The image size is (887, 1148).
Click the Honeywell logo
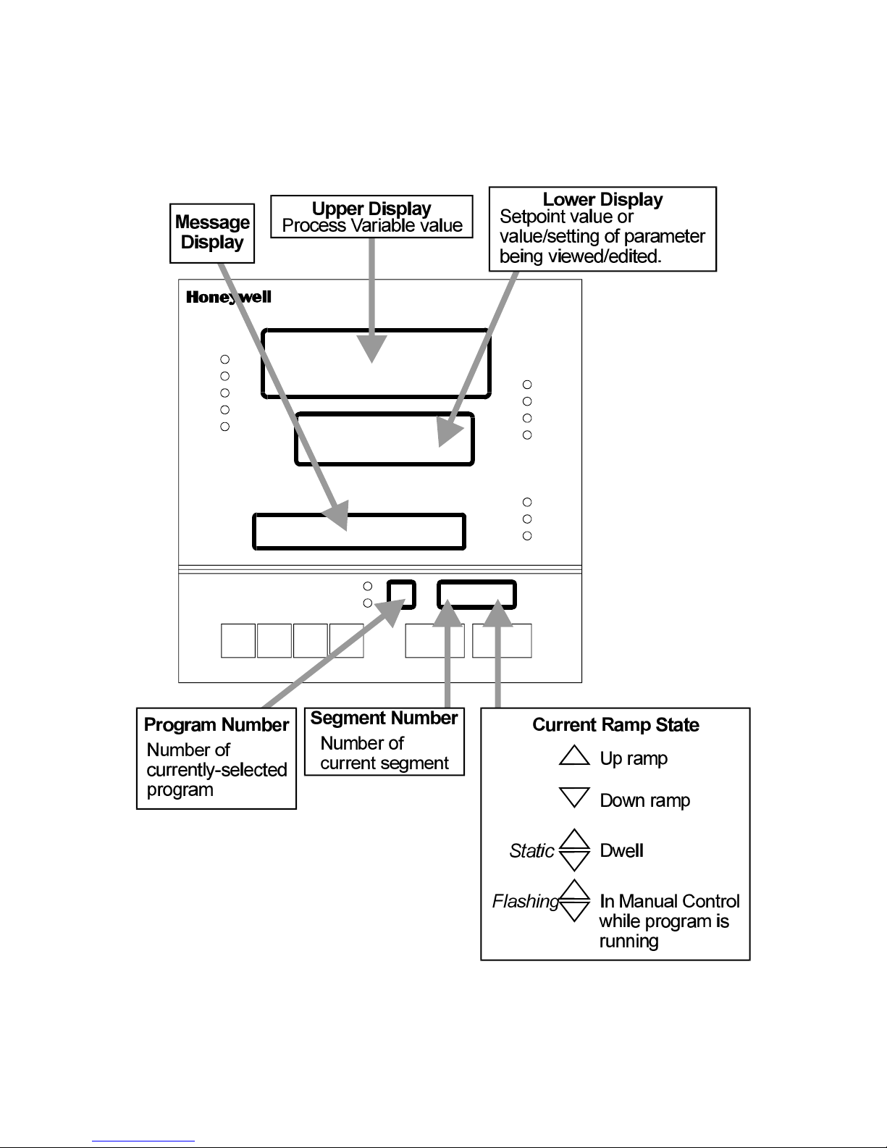(228, 297)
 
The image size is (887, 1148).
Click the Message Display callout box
(213, 233)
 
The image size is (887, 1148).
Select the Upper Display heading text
(371, 209)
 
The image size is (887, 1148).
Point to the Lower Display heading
(602, 199)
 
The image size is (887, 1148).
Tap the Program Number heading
(217, 725)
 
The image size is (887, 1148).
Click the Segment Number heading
(384, 718)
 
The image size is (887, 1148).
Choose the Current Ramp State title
(615, 725)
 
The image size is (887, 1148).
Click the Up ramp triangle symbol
(575, 756)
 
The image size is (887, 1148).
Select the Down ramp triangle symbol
(575, 798)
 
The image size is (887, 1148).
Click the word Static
(531, 850)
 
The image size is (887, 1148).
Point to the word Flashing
(525, 901)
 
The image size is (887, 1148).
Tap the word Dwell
(621, 850)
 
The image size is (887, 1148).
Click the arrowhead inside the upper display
(372, 351)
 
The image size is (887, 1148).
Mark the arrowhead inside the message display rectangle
(337, 516)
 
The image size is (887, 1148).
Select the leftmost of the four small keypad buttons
(237, 640)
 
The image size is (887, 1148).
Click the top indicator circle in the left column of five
(225, 359)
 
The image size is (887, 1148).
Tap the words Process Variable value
(371, 226)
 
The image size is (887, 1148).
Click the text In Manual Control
(670, 901)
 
